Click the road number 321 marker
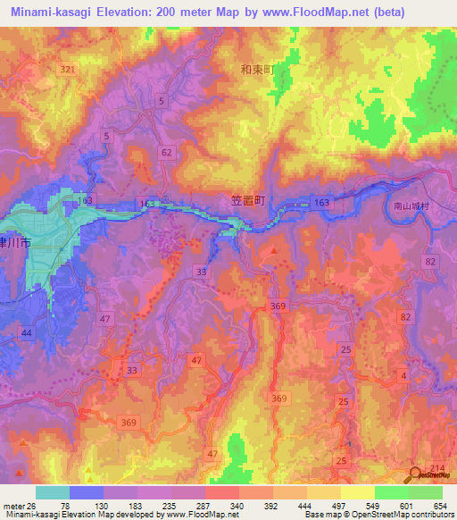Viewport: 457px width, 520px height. (x=68, y=69)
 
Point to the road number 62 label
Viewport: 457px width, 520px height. (x=167, y=153)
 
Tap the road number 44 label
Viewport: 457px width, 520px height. (x=27, y=332)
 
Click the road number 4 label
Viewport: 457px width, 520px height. (x=403, y=376)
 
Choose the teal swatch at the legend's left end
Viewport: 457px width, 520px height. (x=52, y=492)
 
